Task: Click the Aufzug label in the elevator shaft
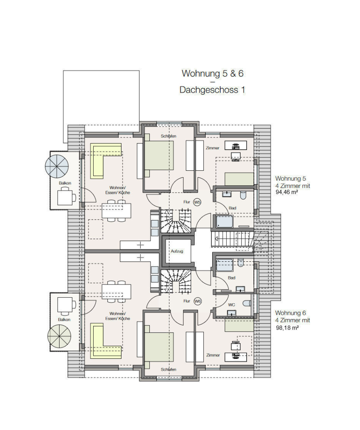pos(177,251)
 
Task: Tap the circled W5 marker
pos(197,202)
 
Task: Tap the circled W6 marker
pos(198,301)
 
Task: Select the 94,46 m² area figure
pos(287,192)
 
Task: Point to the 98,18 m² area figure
pos(287,327)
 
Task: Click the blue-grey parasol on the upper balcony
pos(57,166)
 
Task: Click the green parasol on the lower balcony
pos(59,336)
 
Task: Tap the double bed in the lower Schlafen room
pos(159,347)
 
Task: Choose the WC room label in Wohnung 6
pos(232,305)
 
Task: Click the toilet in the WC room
pos(247,303)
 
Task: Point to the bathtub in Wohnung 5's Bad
pos(225,222)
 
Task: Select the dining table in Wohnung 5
pos(117,211)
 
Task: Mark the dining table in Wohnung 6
pos(117,292)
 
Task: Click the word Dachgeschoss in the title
pos(209,90)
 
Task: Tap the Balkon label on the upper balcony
pos(65,183)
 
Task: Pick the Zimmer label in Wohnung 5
pos(213,148)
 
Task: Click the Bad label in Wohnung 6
pos(232,278)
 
